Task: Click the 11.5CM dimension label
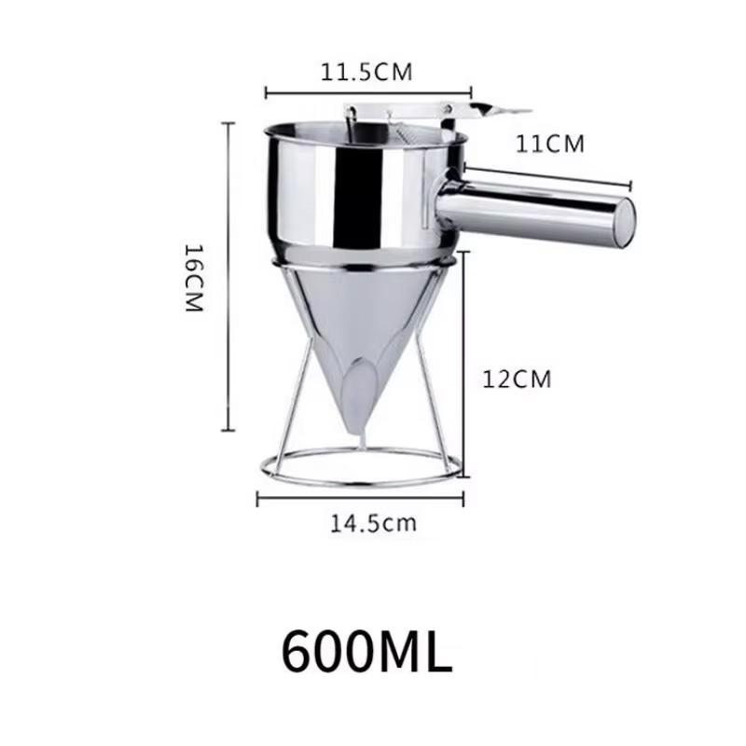click(x=366, y=73)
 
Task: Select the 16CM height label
click(x=193, y=278)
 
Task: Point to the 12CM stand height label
click(x=517, y=379)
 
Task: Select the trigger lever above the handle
click(x=485, y=113)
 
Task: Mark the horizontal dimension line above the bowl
click(x=368, y=91)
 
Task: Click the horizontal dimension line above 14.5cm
click(x=360, y=499)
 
